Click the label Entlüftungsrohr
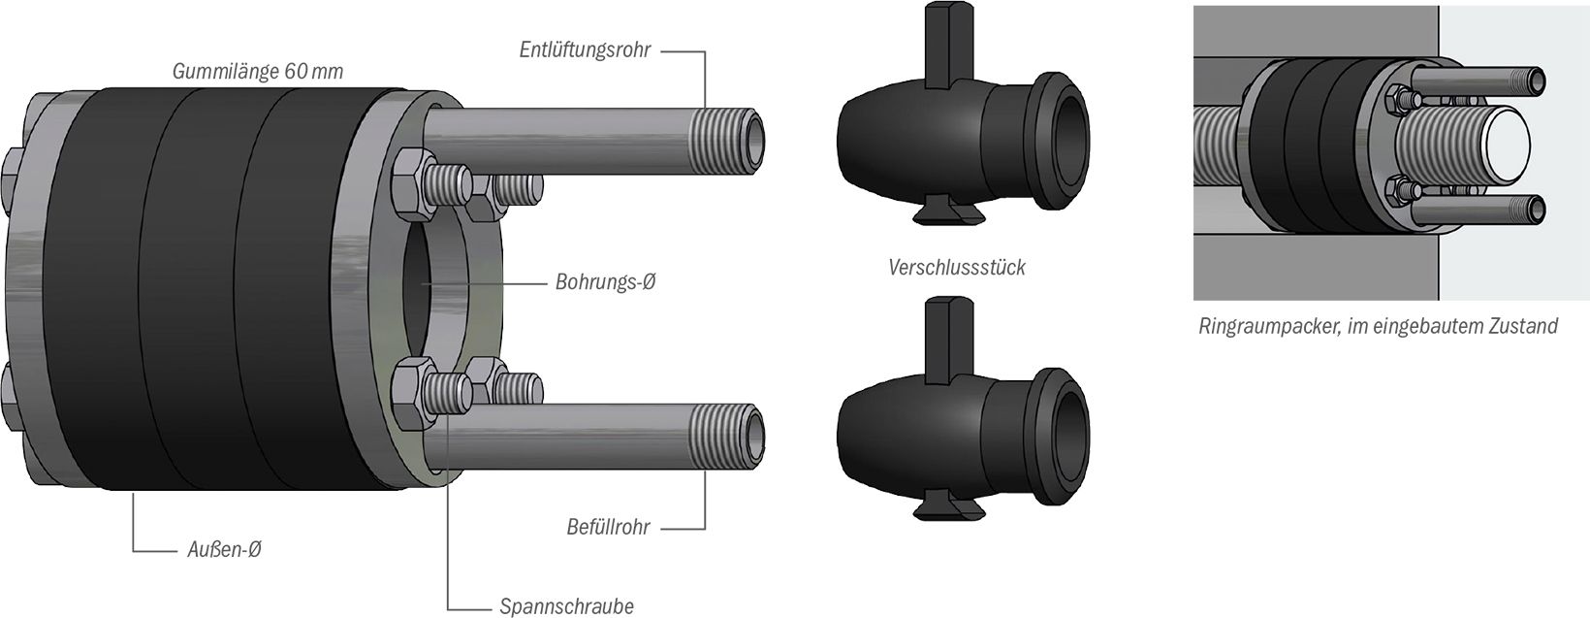tap(584, 49)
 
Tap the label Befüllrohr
tap(608, 528)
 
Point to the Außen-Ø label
tap(223, 550)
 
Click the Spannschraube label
tap(566, 607)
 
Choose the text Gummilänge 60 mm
tap(257, 72)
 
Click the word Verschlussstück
tap(956, 267)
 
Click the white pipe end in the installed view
tap(1499, 147)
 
